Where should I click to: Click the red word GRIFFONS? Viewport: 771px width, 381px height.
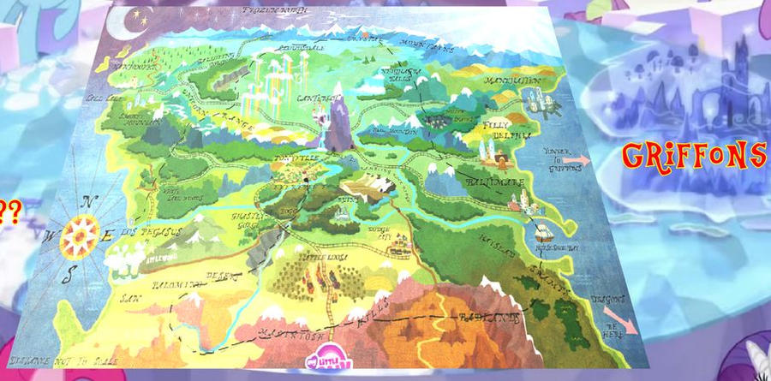(x=693, y=157)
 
